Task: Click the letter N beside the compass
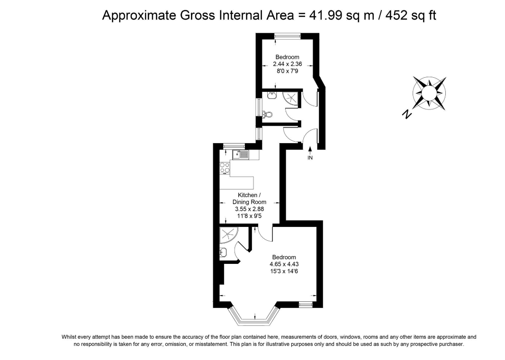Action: coord(406,114)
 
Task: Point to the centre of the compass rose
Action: coord(430,93)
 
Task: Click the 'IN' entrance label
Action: coord(310,158)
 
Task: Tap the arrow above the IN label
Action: coord(310,150)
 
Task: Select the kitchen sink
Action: coord(240,154)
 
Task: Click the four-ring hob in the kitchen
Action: coord(225,168)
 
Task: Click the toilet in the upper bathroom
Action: coord(268,114)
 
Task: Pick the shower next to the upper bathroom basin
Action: coord(291,97)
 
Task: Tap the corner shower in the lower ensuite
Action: coord(228,234)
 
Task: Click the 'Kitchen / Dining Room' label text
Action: coord(249,198)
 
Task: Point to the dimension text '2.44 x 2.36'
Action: coord(287,64)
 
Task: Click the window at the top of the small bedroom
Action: coord(287,35)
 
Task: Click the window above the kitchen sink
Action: coord(234,145)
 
